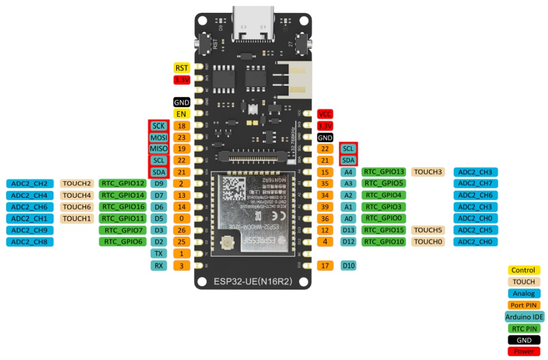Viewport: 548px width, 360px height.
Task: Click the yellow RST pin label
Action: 182,68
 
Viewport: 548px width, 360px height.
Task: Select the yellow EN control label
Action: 182,114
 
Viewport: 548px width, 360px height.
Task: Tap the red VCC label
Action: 325,114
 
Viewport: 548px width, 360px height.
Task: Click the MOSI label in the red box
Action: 158,137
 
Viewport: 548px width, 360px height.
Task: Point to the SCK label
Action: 158,126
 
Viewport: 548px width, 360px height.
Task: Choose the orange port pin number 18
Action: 182,126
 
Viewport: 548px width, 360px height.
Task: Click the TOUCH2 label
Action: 77,183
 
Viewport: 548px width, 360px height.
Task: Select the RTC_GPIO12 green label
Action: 123,183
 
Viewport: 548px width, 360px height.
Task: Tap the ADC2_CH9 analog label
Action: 29,230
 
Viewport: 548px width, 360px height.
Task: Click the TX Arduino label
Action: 159,253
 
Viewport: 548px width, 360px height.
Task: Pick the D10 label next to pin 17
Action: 348,266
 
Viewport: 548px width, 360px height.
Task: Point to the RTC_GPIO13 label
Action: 384,172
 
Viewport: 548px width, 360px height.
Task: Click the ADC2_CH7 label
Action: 475,183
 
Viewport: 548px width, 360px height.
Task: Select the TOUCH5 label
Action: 427,230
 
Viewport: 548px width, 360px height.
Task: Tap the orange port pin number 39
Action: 325,207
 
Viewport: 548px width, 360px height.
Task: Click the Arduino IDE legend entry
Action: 524,317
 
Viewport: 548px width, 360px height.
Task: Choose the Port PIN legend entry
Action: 524,305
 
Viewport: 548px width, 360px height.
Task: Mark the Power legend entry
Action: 524,351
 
